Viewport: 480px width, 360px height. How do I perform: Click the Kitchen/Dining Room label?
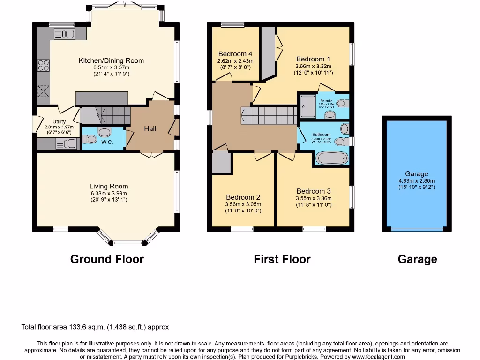point(111,60)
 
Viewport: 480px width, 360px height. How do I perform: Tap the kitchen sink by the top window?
point(65,33)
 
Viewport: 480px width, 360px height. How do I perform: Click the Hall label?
point(150,128)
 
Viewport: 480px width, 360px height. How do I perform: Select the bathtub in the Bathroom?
point(332,158)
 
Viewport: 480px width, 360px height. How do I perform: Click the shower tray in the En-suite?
point(308,106)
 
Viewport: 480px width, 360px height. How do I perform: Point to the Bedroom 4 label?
point(235,54)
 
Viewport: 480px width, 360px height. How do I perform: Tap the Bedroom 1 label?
point(313,59)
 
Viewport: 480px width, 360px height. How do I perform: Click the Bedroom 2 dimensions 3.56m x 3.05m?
point(243,204)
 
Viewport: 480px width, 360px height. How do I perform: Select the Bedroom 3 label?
point(314,191)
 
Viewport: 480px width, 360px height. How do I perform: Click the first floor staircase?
point(269,115)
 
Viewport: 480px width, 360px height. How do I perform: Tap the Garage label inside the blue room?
point(417,174)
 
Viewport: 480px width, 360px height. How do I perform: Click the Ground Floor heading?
point(107,259)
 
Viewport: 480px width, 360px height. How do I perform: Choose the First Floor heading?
point(282,259)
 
